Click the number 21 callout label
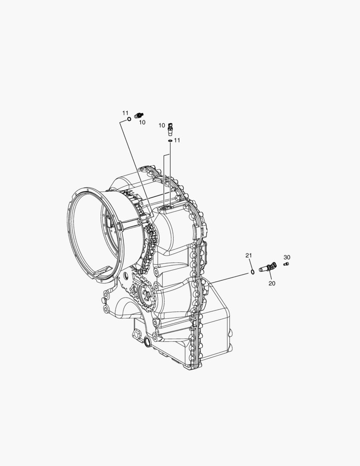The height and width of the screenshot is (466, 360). (x=249, y=255)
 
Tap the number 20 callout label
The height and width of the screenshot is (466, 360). (x=272, y=283)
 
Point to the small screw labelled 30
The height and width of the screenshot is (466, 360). (x=286, y=264)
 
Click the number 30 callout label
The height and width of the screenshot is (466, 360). (x=287, y=257)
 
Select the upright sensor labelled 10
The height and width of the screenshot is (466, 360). (x=170, y=128)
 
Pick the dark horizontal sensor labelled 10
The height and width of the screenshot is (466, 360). (x=139, y=115)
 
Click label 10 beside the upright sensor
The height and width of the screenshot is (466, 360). (x=162, y=126)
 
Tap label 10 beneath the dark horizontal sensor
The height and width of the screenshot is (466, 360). (x=142, y=122)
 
